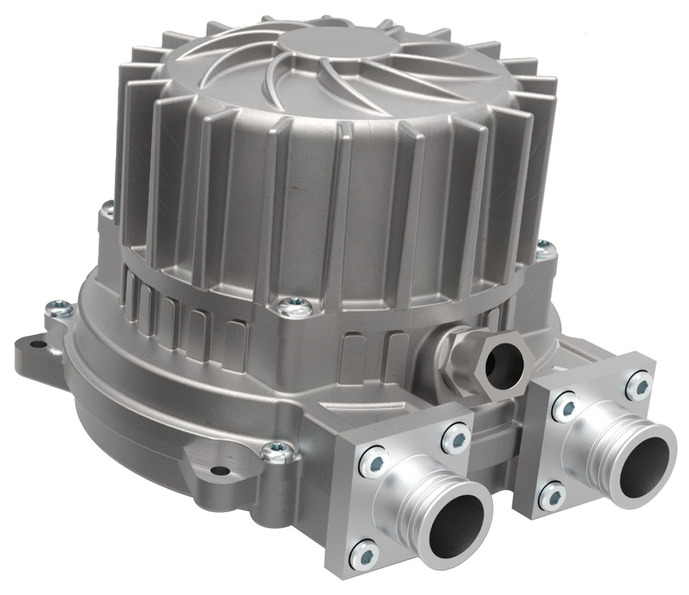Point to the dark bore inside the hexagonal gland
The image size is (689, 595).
click(503, 365)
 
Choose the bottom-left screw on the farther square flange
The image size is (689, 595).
click(552, 495)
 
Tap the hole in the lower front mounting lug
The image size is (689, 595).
click(224, 469)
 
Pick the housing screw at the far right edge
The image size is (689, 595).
click(543, 245)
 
